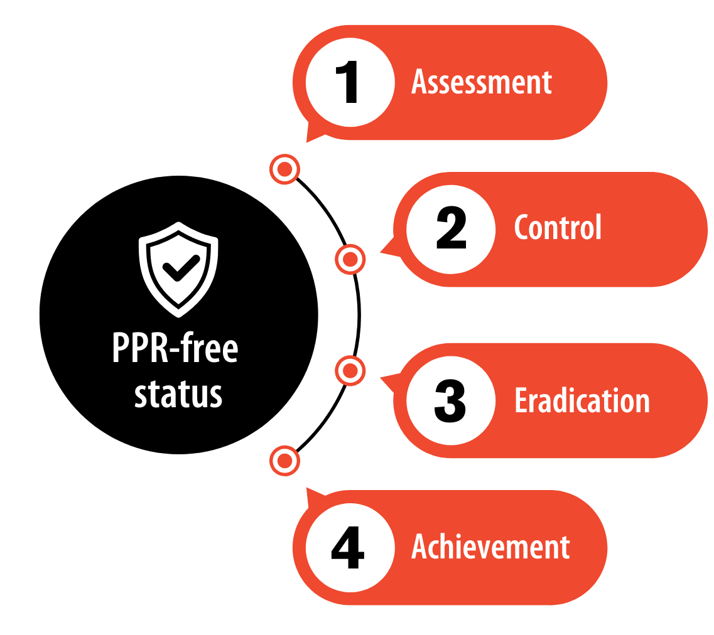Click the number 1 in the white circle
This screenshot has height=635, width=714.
coord(347,82)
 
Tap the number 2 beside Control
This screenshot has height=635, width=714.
coord(451,228)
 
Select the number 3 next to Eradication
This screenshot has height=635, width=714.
coord(450,401)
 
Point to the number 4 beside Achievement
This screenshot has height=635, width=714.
coord(348,548)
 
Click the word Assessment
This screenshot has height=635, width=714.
coord(482,82)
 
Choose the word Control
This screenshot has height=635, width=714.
coord(558,227)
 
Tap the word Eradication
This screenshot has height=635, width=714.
coord(582,400)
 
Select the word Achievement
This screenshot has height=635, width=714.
coord(490,546)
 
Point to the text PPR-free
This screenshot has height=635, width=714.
coord(175,348)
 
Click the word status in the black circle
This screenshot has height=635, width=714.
coord(178,394)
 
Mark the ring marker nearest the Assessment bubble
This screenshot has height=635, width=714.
coord(284,169)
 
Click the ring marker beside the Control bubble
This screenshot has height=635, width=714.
coord(350,259)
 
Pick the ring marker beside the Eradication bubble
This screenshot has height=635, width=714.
coord(350,371)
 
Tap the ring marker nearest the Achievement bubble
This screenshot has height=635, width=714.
coord(284,461)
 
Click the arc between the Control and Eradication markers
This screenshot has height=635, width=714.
coord(359,315)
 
